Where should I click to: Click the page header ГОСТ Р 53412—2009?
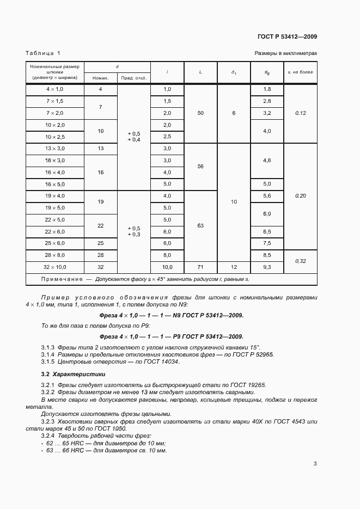[x=287, y=37]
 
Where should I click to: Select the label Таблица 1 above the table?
[x=43, y=53]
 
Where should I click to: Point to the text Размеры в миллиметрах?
[x=286, y=53]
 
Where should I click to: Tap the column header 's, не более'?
[x=301, y=72]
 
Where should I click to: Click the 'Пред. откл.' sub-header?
[x=133, y=78]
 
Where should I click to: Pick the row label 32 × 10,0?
[x=55, y=267]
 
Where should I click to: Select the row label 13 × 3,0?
[x=55, y=149]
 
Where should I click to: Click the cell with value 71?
[x=201, y=267]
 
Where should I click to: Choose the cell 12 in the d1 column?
[x=234, y=267]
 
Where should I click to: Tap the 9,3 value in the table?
[x=267, y=267]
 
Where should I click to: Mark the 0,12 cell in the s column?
[x=301, y=113]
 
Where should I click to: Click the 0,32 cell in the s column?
[x=301, y=261]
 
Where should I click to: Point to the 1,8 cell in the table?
[x=267, y=89]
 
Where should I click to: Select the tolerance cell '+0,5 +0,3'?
[x=133, y=231]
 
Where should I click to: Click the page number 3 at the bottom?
[x=315, y=464]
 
